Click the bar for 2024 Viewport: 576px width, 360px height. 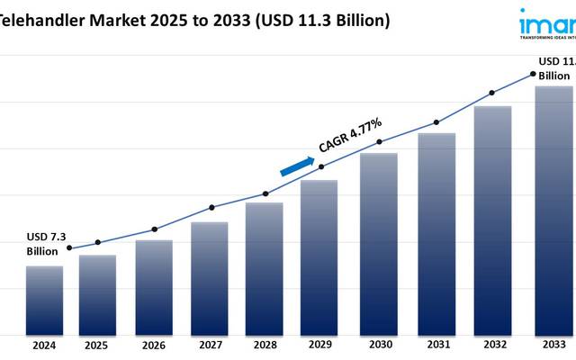coord(44,300)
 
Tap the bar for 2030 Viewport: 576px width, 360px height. coord(379,243)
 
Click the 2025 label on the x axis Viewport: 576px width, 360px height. coord(96,345)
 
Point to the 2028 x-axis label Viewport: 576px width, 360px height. coord(264,345)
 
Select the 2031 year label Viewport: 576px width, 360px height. coord(436,345)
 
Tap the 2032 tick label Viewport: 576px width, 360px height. coord(492,345)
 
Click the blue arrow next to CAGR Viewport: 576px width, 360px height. coord(296,166)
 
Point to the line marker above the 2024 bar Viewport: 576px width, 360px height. coord(70,248)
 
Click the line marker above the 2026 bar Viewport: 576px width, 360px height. coord(154,229)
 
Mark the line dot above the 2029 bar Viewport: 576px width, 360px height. coord(322,166)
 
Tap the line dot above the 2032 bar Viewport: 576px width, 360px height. coord(492,93)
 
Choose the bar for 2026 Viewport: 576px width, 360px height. coord(154,287)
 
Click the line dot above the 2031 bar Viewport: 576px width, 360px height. coord(436,122)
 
